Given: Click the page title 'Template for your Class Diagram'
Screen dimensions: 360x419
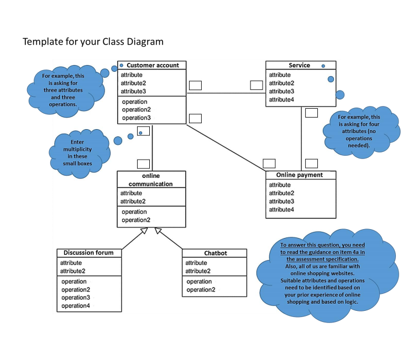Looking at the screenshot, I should [93, 42].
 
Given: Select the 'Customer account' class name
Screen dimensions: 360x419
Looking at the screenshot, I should [153, 65].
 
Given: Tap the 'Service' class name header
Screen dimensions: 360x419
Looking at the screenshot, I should [299, 65].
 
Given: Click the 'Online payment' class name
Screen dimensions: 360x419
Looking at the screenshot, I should [301, 175].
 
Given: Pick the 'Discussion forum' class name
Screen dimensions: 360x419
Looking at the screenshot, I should [88, 253].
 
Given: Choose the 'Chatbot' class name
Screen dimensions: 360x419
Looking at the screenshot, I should [215, 253].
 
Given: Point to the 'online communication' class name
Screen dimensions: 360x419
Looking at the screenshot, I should [151, 179].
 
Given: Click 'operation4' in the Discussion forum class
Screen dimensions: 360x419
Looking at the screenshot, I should [76, 306].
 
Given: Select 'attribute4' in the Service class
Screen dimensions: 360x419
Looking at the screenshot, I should [281, 99].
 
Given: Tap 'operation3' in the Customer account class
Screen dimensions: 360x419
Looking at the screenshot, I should [136, 118].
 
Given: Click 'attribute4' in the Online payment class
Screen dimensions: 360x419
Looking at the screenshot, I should [281, 209].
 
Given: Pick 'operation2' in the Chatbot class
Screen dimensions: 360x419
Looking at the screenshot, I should [201, 290].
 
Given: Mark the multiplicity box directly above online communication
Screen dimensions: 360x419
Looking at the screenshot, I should [143, 163].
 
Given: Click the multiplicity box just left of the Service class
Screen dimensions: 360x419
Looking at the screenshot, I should [256, 85].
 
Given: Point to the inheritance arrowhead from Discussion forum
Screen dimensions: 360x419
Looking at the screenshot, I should [143, 231].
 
